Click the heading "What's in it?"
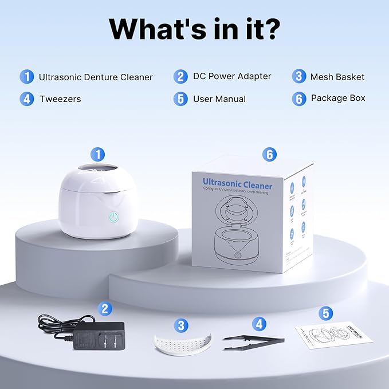(x=194, y=27)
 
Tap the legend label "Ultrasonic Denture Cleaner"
(x=96, y=77)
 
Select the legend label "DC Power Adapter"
(x=231, y=76)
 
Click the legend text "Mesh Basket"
(x=337, y=77)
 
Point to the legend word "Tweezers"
(x=60, y=99)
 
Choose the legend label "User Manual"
(x=219, y=99)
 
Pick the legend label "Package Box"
(x=338, y=99)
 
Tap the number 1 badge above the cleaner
(x=99, y=154)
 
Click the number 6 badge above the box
(x=269, y=154)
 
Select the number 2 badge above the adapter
(x=104, y=308)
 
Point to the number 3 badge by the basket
(x=182, y=325)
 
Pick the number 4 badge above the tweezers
(x=260, y=324)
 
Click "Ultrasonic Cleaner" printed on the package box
(x=237, y=184)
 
